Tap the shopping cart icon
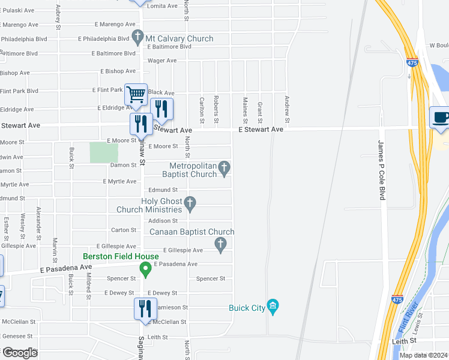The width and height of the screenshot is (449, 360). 136,94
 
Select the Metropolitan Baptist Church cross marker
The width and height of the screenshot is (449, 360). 224,169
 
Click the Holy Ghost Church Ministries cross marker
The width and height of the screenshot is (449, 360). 190,204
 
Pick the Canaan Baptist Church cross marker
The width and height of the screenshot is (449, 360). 220,244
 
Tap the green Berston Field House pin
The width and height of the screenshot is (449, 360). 145,270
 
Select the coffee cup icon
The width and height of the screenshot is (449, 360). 439,117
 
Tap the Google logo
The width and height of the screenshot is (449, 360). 20,352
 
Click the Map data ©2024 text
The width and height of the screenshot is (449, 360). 423,355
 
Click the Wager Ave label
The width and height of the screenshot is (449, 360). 162,61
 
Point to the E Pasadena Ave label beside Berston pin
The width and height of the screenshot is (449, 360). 175,264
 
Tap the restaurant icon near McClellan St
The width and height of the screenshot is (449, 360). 145,309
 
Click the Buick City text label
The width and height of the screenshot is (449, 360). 247,308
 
